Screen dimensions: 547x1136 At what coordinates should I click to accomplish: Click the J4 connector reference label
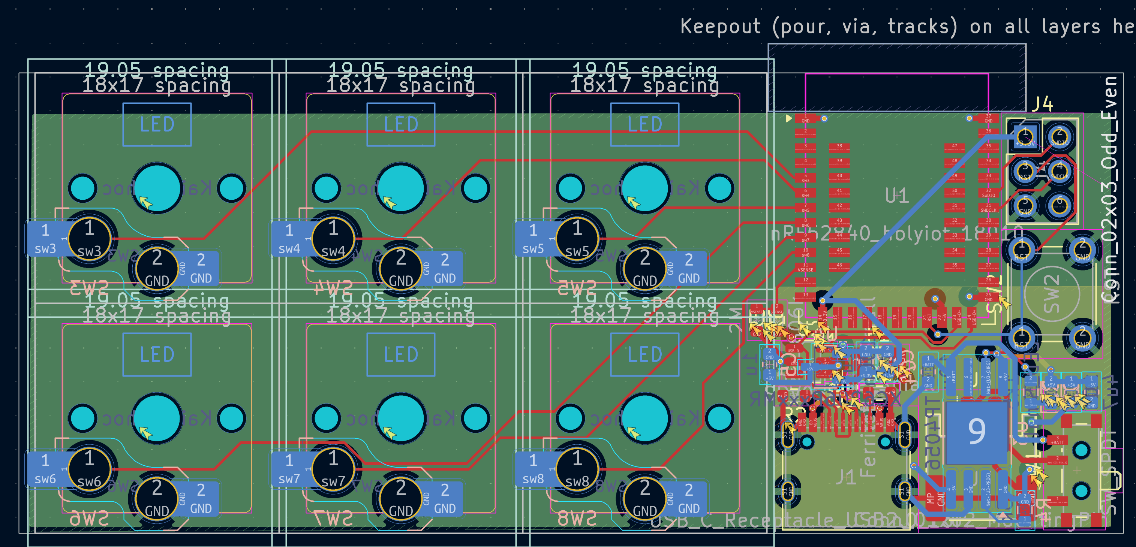pos(1043,105)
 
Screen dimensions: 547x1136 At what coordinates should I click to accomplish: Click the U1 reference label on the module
pos(896,195)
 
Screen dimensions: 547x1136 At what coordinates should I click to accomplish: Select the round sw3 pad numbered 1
pos(90,239)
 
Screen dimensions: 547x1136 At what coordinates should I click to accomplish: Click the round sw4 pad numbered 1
pos(333,239)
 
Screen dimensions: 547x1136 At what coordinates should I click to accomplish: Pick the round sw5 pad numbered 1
pos(577,239)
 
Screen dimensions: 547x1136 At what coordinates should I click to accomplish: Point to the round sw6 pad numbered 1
pos(90,469)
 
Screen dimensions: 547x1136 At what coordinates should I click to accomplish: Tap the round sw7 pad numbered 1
pos(333,469)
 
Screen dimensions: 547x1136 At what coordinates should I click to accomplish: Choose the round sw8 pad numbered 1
pos(577,469)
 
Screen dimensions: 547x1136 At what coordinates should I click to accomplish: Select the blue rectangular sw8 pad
pos(534,469)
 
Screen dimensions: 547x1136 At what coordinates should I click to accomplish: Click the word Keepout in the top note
pos(720,27)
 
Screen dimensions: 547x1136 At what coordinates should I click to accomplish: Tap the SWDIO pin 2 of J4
pos(1059,136)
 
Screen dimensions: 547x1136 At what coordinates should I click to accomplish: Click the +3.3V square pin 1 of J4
pos(1025,136)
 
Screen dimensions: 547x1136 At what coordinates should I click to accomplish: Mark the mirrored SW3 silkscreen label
pos(90,289)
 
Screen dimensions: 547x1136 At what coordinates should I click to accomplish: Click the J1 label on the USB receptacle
pos(846,477)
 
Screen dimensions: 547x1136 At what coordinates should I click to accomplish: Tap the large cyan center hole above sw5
pos(645,188)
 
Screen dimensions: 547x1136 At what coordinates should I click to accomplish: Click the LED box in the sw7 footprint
pos(401,355)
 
